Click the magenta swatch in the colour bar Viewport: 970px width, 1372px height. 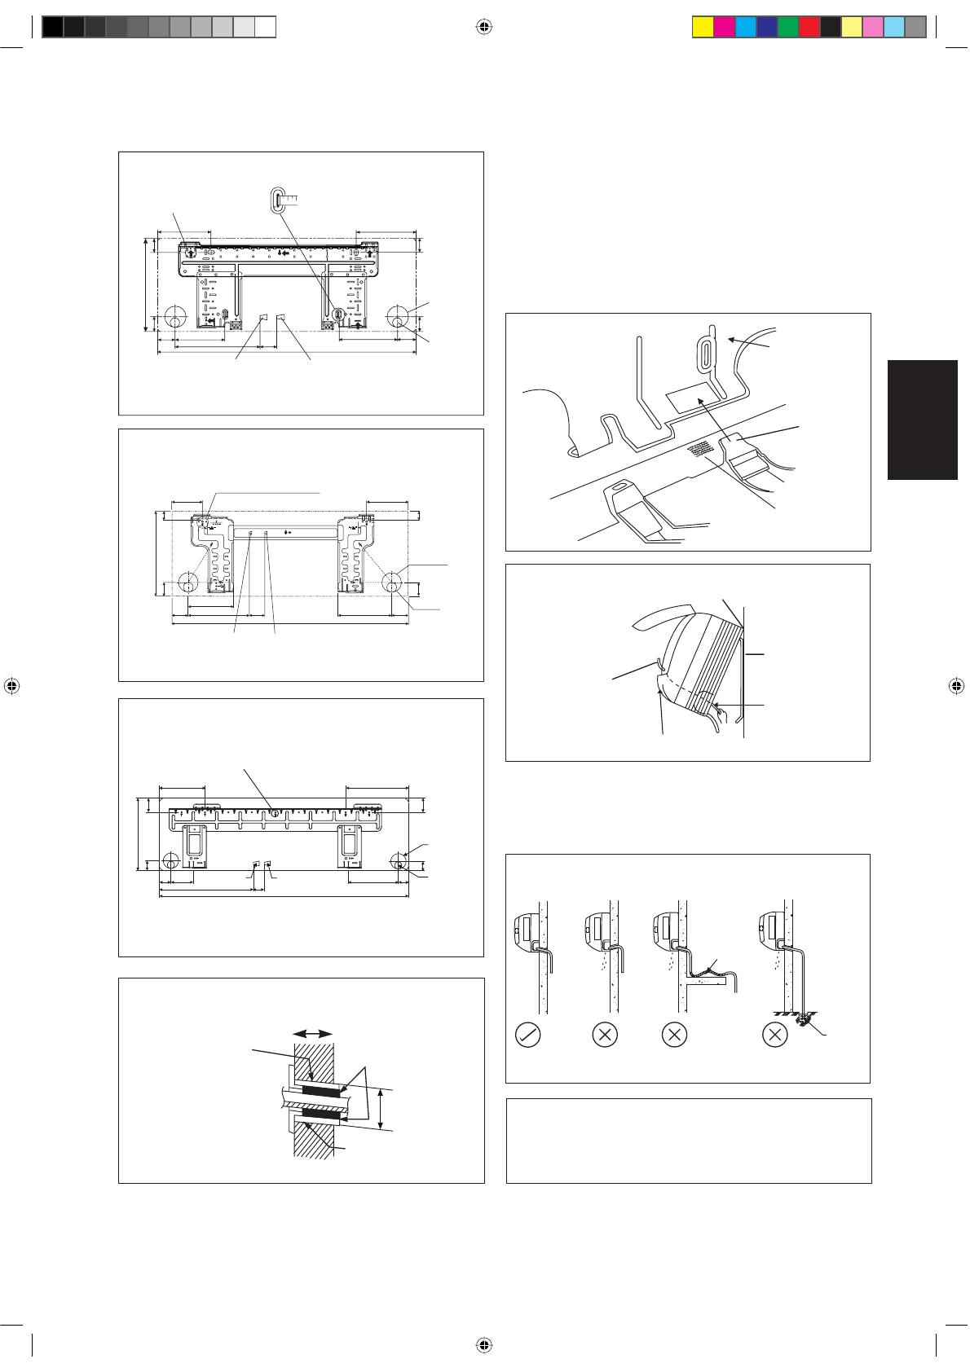pos(724,28)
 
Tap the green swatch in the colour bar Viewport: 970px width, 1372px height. pos(788,28)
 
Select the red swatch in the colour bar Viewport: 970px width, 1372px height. pos(809,28)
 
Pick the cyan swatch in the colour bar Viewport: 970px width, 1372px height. pos(746,28)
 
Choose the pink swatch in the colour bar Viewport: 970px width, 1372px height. pos(873,28)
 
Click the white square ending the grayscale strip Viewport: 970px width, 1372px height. pos(265,28)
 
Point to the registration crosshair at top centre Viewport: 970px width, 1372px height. pos(484,28)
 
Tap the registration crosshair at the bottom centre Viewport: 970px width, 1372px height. pos(484,1344)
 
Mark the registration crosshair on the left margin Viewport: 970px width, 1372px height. pos(11,685)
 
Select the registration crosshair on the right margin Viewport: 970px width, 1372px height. pos(957,685)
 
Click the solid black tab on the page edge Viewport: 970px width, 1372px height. pos(923,420)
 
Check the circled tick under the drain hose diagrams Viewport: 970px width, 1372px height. pos(528,1036)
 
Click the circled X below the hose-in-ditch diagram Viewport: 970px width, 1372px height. pos(774,1036)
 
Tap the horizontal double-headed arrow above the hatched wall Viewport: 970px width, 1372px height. pos(312,1033)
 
